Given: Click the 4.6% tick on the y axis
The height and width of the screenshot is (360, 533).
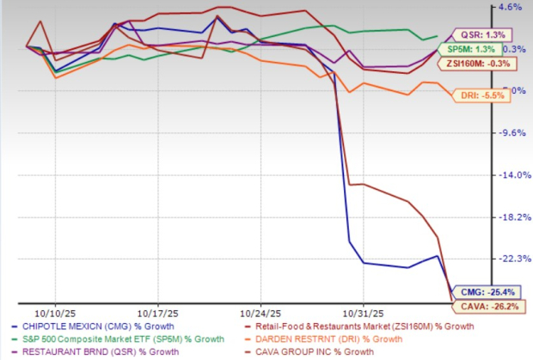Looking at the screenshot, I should click(511, 7).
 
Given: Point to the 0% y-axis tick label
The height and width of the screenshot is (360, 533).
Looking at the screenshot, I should click(507, 90).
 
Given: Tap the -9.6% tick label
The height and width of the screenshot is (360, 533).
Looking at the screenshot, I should click(510, 133).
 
